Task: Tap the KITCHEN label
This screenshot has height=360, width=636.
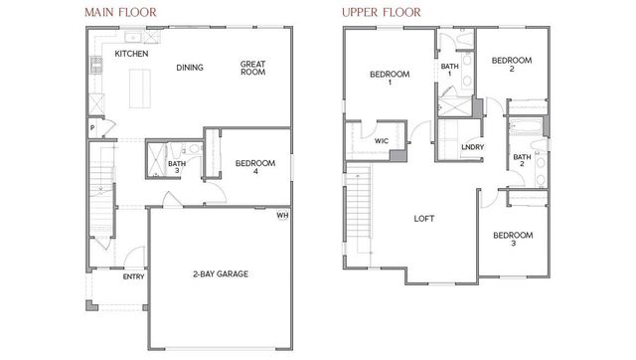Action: (x=131, y=54)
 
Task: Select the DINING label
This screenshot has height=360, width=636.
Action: (x=190, y=68)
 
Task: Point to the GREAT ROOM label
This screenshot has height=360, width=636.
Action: (x=252, y=68)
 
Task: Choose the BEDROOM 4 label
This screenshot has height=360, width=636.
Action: (x=253, y=166)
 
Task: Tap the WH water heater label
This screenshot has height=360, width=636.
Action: (x=282, y=215)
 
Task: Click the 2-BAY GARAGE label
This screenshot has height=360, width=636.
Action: (x=220, y=273)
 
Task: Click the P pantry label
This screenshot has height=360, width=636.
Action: (x=91, y=128)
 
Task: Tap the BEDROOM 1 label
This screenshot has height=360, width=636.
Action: (x=389, y=79)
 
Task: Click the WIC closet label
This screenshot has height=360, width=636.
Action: (x=382, y=141)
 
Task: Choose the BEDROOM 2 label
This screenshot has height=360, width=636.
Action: (x=511, y=65)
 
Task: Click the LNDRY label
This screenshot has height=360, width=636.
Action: (x=473, y=148)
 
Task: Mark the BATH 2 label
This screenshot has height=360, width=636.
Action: (x=522, y=162)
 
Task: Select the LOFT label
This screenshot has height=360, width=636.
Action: (x=423, y=219)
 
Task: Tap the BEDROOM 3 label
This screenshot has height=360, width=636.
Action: (x=513, y=239)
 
